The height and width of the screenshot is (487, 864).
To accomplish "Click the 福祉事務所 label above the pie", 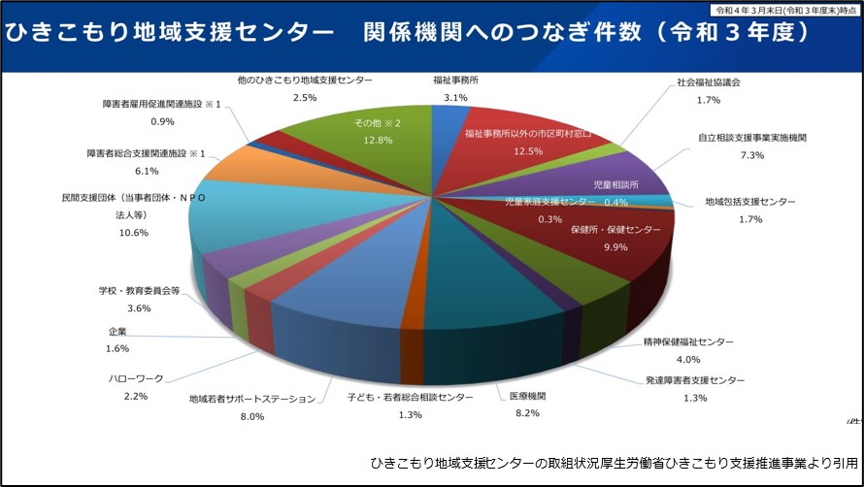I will point(454,81).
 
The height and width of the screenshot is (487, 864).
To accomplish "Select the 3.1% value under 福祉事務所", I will point(454,98).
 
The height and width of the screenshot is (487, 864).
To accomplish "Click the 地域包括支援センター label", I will point(749,203).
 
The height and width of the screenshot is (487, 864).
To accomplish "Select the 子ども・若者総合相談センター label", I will point(411,398).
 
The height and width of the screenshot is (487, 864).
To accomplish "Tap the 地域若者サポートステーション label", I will point(252,399).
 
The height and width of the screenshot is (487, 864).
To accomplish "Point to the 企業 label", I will point(117,332).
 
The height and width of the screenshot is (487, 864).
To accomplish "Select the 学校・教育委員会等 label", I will point(139,290).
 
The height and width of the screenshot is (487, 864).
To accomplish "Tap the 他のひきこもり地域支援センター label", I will point(304,81).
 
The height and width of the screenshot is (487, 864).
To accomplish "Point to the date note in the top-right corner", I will point(785,9).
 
